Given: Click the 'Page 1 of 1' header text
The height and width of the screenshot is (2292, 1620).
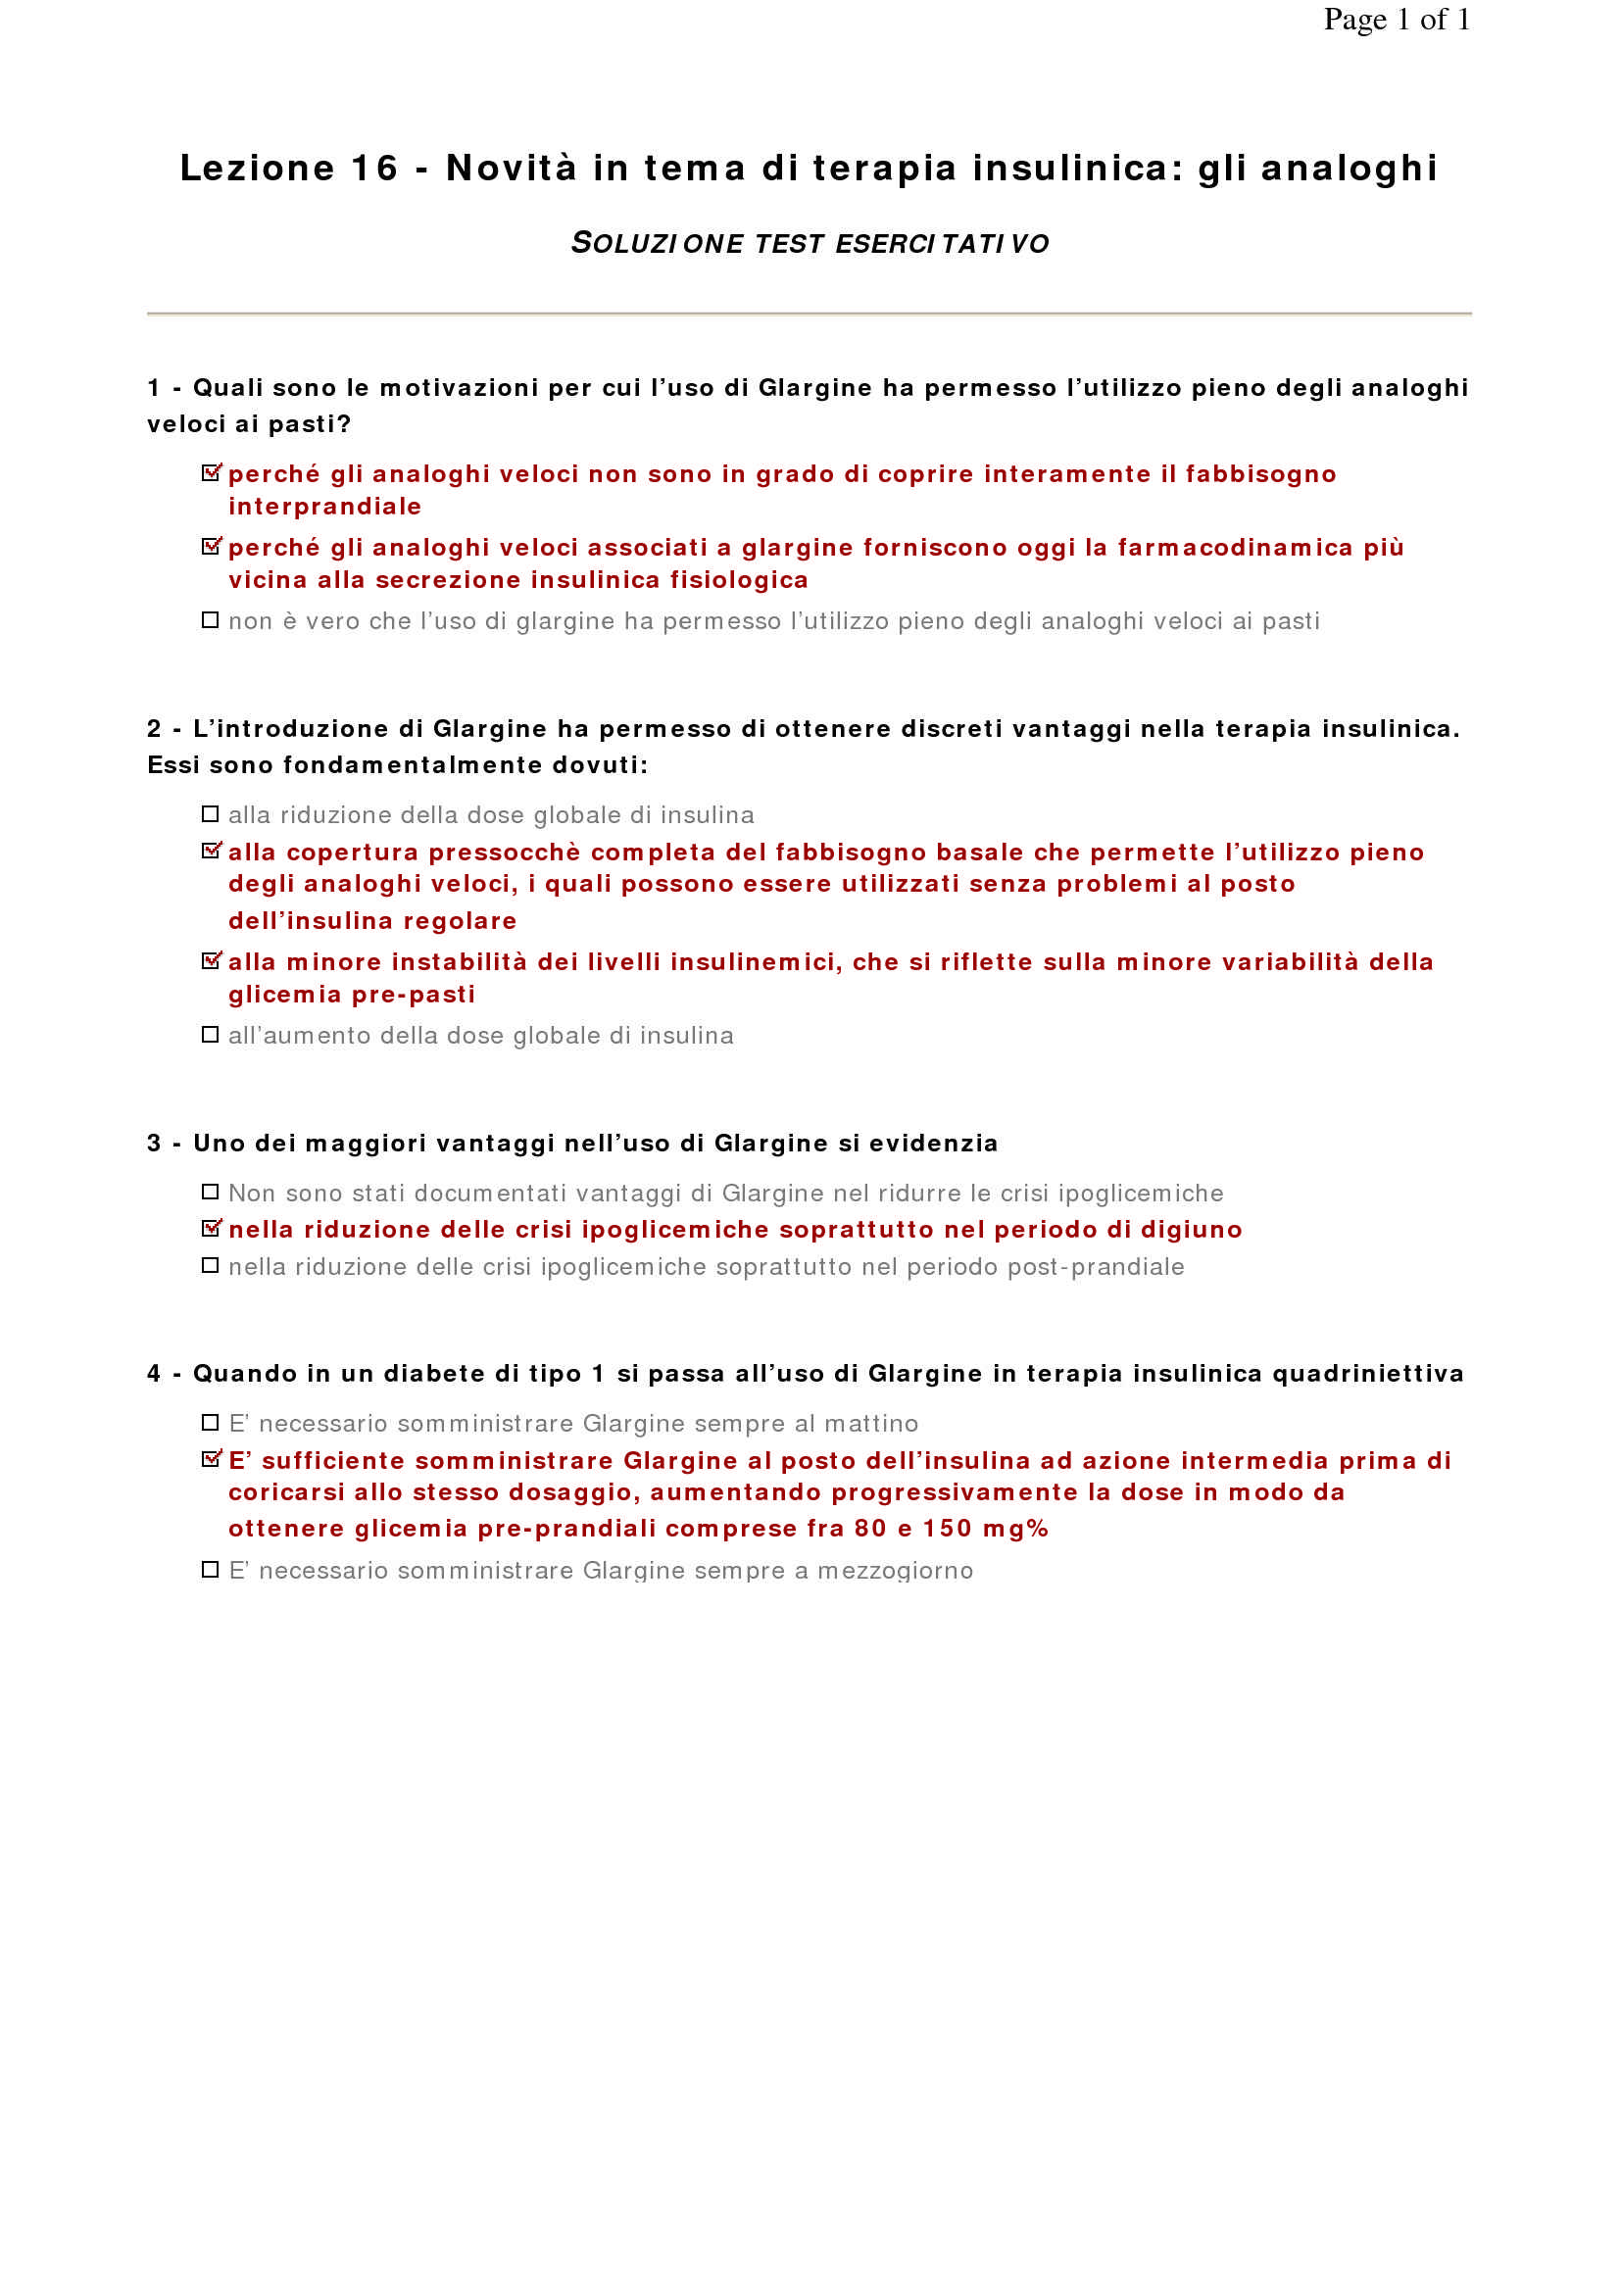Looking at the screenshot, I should click(x=1396, y=19).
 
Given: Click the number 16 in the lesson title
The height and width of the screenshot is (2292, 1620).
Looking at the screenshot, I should click(x=374, y=168).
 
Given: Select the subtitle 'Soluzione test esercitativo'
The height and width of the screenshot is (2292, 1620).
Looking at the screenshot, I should click(x=810, y=243).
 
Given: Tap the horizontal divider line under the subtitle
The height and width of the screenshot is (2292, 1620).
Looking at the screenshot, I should click(x=810, y=314).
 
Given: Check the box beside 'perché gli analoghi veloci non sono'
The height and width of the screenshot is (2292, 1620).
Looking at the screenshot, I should click(x=211, y=473).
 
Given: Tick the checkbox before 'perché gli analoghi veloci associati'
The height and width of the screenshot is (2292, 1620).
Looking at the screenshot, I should click(x=211, y=547).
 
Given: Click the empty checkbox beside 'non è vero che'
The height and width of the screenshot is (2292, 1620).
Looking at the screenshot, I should click(x=210, y=621).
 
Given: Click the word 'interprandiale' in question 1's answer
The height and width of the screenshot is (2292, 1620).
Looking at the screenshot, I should click(x=324, y=508).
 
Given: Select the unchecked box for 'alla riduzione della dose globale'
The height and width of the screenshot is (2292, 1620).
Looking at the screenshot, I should click(x=210, y=814).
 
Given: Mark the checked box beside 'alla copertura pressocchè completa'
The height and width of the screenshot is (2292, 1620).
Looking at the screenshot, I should click(x=211, y=852).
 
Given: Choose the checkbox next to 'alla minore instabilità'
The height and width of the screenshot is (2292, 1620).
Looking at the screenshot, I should click(x=211, y=961).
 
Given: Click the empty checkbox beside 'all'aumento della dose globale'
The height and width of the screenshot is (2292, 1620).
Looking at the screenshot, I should click(x=210, y=1035).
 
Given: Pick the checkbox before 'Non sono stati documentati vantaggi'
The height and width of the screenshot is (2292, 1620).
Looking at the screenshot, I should click(x=210, y=1192).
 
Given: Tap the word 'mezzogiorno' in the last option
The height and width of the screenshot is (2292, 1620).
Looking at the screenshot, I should click(x=895, y=1571).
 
